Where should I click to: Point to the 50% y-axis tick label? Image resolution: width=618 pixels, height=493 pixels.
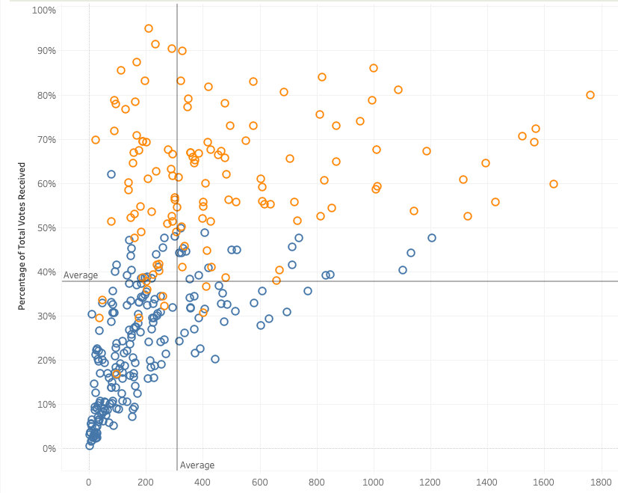pos(47,227)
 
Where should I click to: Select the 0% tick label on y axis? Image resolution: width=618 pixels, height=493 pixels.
pos(49,449)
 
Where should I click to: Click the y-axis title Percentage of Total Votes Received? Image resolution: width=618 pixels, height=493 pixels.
pos(23,236)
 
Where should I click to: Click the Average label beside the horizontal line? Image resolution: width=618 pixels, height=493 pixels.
pos(81,275)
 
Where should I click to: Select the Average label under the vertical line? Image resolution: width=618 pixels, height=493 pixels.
pos(197,465)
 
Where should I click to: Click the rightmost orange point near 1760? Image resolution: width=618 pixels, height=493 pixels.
pos(590,95)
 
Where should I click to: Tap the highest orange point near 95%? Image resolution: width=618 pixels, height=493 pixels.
pos(149,28)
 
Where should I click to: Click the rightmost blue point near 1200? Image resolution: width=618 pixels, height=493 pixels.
pos(432,238)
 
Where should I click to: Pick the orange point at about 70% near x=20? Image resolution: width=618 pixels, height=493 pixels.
pos(96,140)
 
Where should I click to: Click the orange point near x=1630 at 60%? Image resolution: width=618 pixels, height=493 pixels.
pos(554,184)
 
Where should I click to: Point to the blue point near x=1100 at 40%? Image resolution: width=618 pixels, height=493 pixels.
pos(403,270)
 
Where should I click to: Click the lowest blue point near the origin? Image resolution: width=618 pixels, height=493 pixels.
pos(90,445)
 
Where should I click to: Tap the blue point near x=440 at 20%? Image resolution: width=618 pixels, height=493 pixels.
pos(215,359)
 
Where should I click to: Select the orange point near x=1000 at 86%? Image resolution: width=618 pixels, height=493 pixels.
pos(374,68)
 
